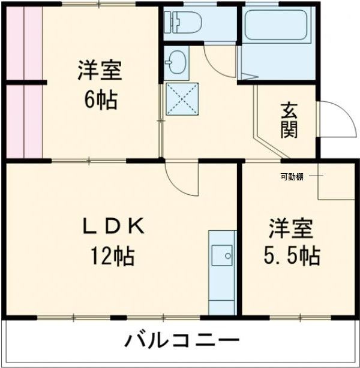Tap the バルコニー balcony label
[181, 342]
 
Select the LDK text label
[113, 227]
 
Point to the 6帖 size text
[100, 99]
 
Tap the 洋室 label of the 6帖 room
[100, 71]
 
